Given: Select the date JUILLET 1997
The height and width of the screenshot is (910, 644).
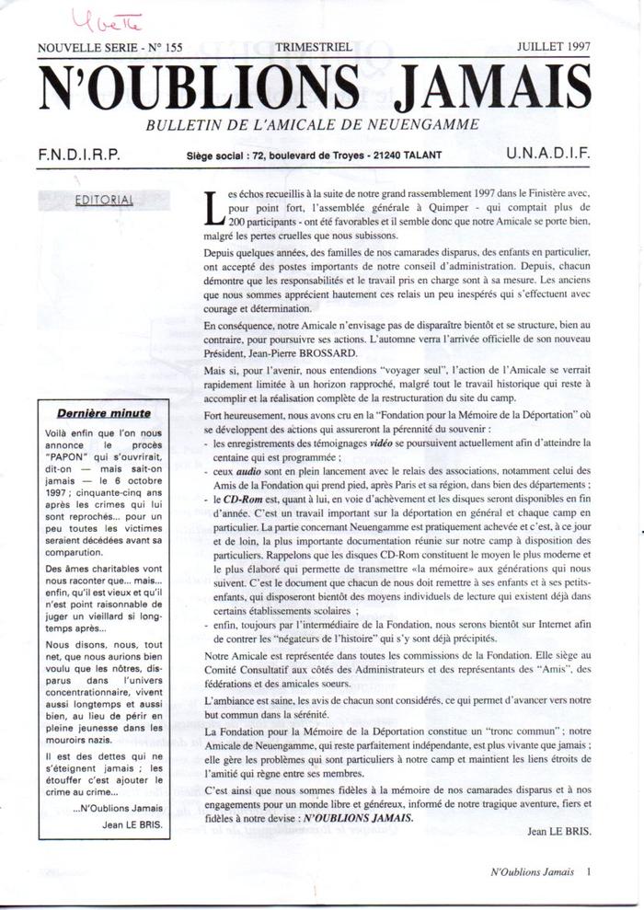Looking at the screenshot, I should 553,45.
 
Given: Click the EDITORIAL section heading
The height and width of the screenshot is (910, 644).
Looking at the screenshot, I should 103,199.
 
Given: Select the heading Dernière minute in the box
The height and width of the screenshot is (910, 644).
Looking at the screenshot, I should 104,413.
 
